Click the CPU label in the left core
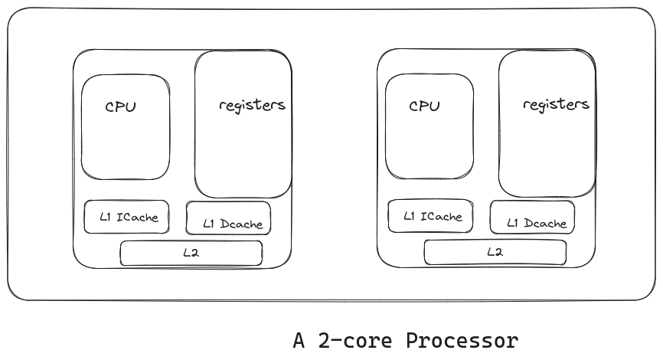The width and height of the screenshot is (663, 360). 120,106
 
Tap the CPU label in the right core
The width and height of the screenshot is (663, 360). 424,106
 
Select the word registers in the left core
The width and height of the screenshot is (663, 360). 252,105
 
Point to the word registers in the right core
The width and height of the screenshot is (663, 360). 556,104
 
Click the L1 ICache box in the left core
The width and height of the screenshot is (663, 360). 126,217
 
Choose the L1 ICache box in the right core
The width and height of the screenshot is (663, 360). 430,216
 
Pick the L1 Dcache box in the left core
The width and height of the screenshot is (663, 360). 228,219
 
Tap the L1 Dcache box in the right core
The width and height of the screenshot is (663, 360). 532,218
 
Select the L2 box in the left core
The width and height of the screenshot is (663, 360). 191,253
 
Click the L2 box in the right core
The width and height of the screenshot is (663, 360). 495,252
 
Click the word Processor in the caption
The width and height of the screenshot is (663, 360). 462,340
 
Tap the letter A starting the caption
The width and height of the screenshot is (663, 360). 299,340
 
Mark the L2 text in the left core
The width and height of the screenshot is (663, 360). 191,253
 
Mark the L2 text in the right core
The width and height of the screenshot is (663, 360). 495,252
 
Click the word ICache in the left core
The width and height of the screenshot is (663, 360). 138,217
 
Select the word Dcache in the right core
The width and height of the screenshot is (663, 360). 547,224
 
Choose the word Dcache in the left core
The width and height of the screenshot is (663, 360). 243,224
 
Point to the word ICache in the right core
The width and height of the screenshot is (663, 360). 442,216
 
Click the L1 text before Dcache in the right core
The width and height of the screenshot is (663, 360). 514,224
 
